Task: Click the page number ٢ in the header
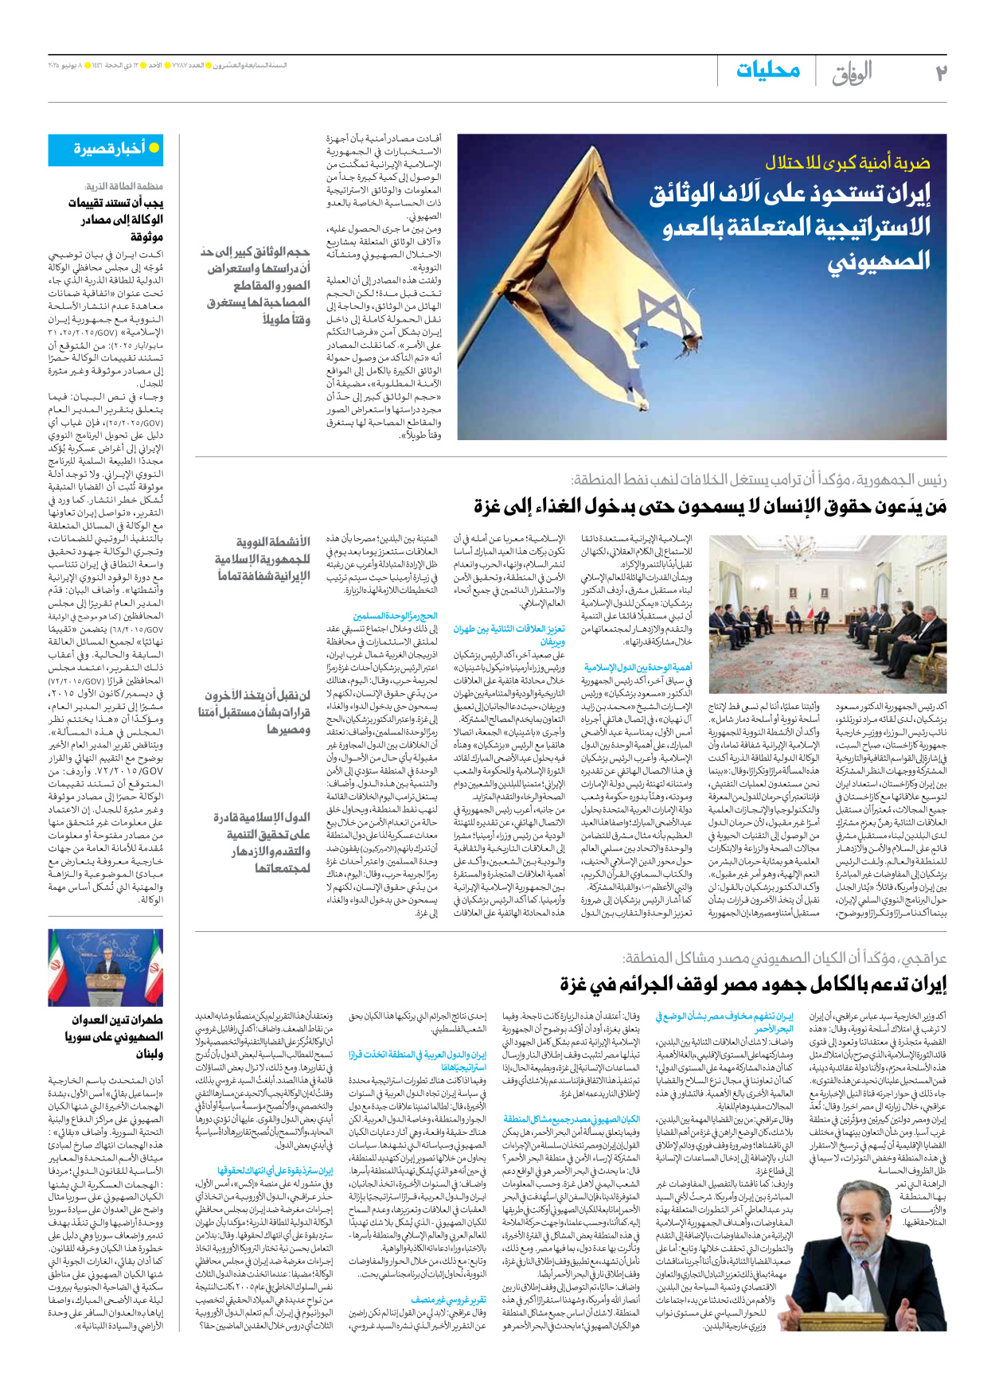[940, 73]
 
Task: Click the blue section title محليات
[767, 71]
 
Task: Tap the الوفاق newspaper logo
[853, 73]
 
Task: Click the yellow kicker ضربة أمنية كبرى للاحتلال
[847, 163]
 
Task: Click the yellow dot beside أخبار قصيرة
[154, 148]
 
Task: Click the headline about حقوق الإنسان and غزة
[709, 506]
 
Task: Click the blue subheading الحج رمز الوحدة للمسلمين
[395, 616]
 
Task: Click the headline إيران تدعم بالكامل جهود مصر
[752, 984]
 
